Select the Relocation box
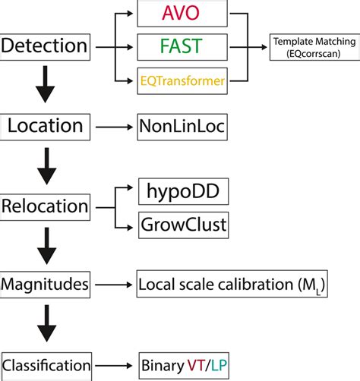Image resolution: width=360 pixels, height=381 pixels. pos(46,206)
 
